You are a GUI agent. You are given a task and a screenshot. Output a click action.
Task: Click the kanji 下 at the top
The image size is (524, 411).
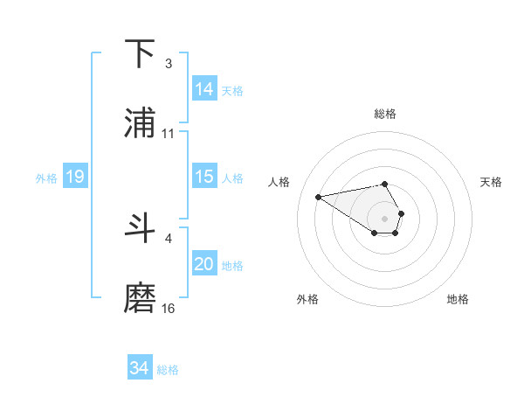pos(141,53)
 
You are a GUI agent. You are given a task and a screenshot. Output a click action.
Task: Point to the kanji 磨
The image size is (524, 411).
pos(141,298)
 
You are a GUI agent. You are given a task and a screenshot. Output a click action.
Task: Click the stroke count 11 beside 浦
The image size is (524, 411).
pos(169,134)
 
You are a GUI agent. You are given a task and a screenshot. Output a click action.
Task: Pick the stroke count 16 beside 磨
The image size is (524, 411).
pos(169,309)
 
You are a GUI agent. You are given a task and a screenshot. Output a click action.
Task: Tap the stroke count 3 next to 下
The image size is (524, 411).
pos(169,64)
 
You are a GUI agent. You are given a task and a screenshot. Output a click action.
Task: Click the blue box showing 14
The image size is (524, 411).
pos(204,89)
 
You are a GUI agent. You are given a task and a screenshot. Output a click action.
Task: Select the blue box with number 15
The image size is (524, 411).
pos(204,177)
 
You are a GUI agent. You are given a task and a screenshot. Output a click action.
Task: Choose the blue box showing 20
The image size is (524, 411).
pos(204,264)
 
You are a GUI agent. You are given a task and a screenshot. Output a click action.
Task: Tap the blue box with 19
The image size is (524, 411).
pos(75,177)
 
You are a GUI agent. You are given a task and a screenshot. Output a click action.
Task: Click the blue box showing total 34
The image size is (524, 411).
pos(140,368)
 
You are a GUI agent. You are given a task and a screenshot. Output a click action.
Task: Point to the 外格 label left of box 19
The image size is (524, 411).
pos(46,178)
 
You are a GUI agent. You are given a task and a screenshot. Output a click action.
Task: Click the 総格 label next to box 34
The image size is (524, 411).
pos(168,370)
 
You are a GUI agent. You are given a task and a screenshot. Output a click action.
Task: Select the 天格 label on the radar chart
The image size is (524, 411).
pos(492,182)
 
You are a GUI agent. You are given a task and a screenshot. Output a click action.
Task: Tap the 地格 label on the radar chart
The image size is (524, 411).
pos(458,299)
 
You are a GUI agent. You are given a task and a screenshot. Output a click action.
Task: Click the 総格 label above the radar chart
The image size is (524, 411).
pos(385,114)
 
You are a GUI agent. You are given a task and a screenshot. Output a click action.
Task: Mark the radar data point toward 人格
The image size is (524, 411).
pos(319,196)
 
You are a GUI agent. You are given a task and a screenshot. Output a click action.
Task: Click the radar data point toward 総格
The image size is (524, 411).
pos(384,184)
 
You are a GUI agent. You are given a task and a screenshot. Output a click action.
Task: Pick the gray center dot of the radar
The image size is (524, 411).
pos(384,218)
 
